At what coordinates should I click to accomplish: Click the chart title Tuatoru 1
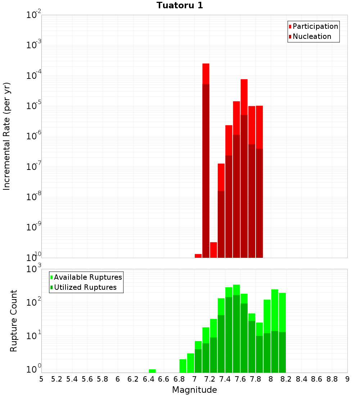(180, 5)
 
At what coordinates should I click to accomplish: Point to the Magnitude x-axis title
(194, 390)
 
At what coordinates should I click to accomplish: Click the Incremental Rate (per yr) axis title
(6, 136)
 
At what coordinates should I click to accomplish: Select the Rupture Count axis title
(14, 320)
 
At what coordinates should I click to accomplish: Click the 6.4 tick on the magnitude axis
(148, 379)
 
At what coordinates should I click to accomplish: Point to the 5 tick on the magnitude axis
(41, 379)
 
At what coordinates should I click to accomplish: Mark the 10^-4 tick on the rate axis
(33, 76)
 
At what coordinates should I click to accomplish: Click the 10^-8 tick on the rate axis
(33, 197)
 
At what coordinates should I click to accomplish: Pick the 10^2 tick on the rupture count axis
(33, 302)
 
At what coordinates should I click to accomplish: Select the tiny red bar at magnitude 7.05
(198, 256)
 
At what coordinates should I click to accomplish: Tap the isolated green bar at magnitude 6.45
(152, 371)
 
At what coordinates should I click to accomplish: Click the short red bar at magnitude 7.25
(213, 250)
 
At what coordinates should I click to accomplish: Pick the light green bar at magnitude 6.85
(183, 366)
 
